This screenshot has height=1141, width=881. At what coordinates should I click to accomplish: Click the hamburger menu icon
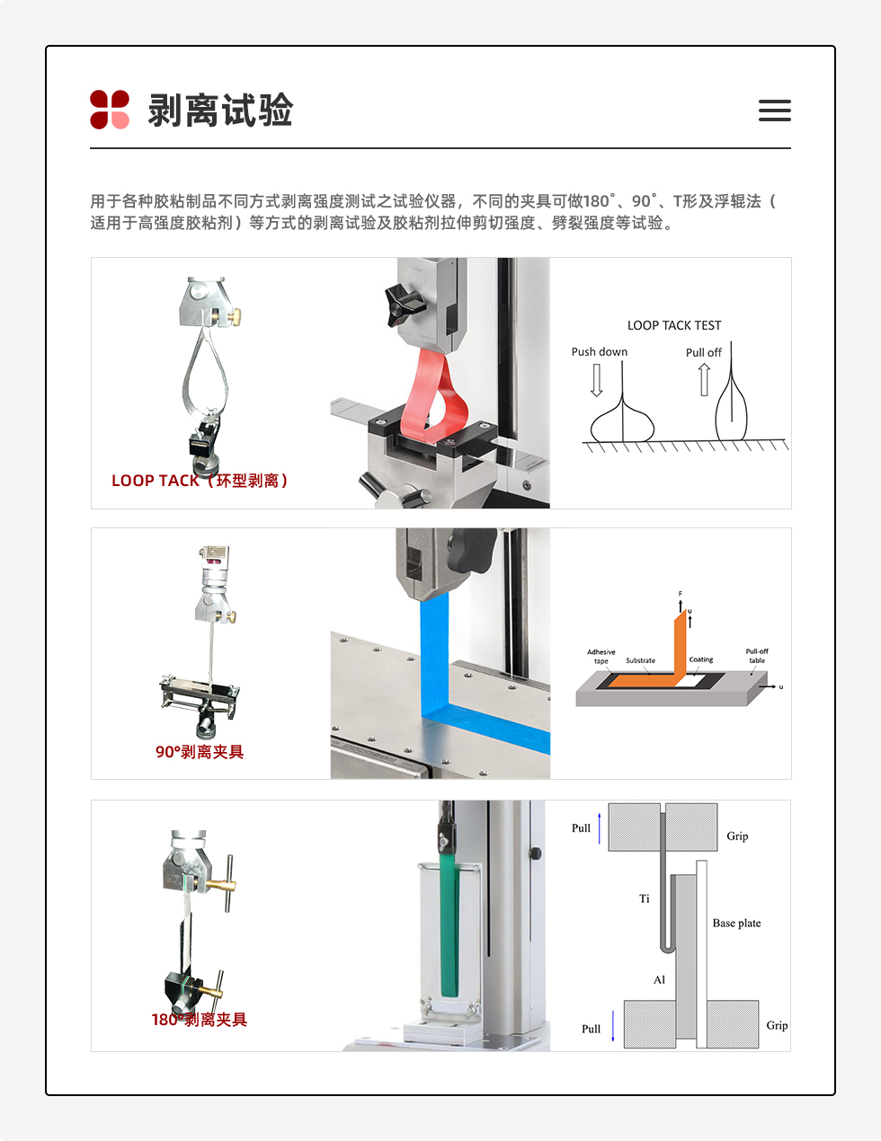click(774, 111)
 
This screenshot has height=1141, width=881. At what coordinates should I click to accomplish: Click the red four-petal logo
click(110, 110)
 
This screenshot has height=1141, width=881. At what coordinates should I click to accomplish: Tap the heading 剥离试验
click(220, 111)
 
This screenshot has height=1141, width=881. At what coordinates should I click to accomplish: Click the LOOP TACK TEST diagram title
click(674, 325)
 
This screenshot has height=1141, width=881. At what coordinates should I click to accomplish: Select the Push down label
click(600, 351)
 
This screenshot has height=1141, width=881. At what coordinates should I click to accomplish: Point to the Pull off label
click(703, 352)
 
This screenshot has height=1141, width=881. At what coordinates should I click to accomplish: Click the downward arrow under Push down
click(596, 380)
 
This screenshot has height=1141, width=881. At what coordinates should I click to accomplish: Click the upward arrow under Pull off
click(705, 379)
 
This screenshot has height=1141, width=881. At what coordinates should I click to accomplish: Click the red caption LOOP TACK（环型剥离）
click(200, 481)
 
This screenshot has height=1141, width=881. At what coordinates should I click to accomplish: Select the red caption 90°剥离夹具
click(200, 752)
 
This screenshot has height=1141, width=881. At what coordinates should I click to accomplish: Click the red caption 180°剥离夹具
click(200, 1020)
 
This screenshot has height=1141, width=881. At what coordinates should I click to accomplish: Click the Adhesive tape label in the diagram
click(601, 656)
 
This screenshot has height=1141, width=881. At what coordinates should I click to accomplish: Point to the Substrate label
click(640, 660)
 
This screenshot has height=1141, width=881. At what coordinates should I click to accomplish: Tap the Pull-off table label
click(757, 656)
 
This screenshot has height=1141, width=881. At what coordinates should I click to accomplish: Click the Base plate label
click(736, 923)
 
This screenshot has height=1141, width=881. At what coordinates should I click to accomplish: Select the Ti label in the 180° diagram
click(644, 898)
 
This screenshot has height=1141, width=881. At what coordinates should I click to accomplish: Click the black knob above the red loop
click(403, 303)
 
